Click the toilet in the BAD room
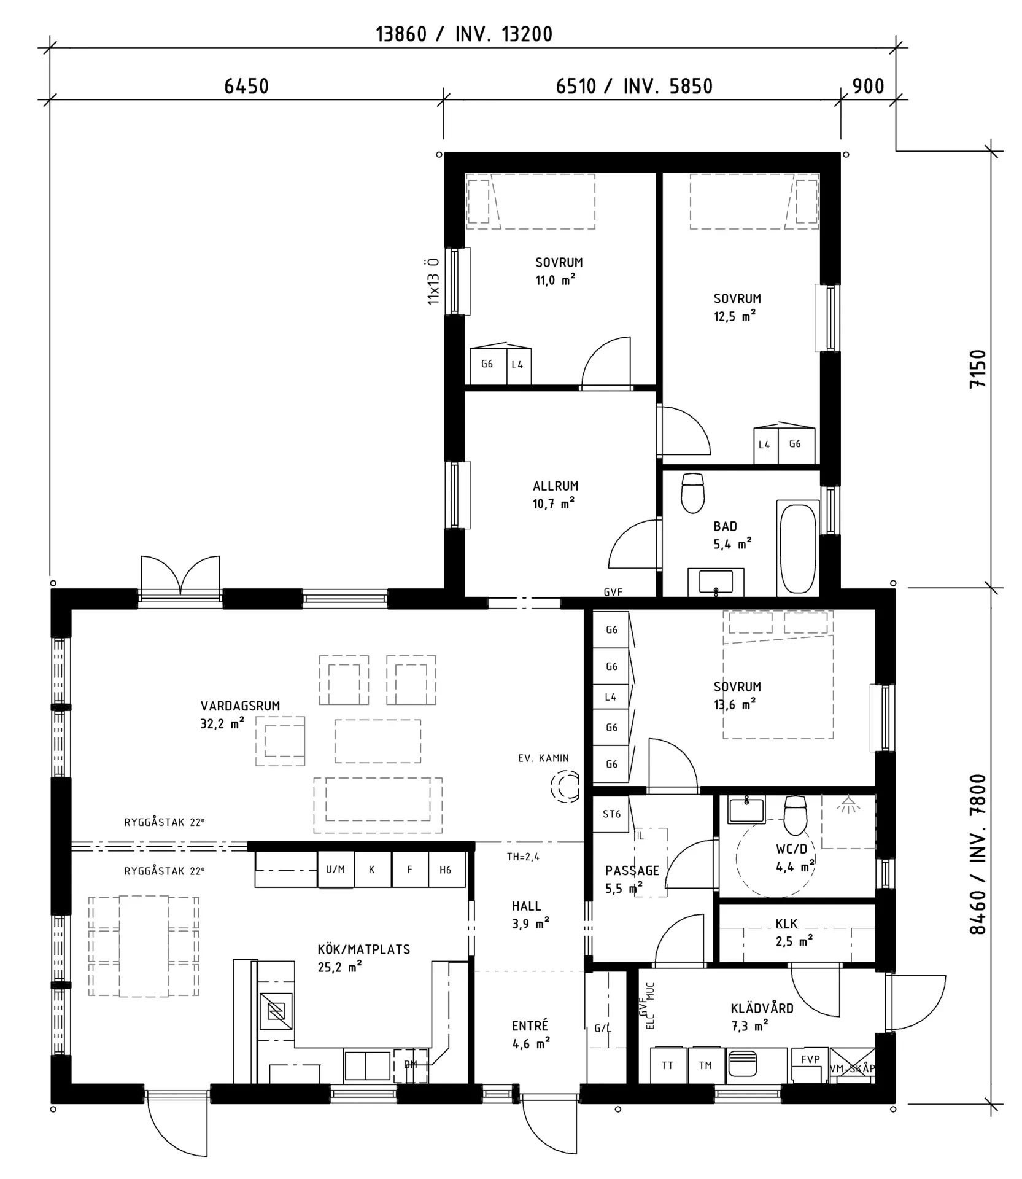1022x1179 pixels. click(x=693, y=492)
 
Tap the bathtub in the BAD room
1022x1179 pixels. click(x=797, y=548)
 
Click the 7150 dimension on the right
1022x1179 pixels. click(x=978, y=368)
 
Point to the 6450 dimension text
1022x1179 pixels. click(x=246, y=87)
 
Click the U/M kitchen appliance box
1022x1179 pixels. click(x=335, y=870)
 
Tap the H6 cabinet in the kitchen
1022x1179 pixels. click(x=446, y=870)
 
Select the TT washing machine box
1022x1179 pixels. click(x=667, y=1066)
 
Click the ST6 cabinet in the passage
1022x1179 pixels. click(x=611, y=814)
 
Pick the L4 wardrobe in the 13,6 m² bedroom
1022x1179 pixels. click(x=611, y=697)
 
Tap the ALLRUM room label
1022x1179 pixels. click(x=555, y=486)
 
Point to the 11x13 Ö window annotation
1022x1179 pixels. click(x=433, y=281)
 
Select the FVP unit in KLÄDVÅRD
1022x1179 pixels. click(x=810, y=1060)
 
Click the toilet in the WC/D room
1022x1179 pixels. click(x=796, y=816)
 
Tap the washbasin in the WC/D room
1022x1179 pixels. click(x=746, y=809)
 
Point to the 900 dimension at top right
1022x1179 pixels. click(x=868, y=87)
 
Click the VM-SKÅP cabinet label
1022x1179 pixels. click(x=852, y=1069)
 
